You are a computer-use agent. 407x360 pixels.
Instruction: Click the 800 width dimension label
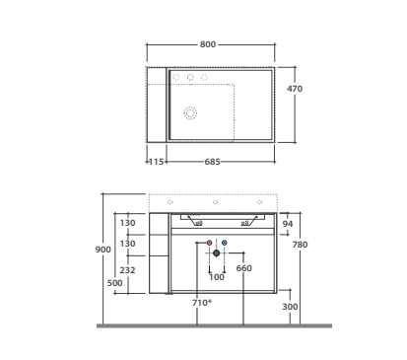pyautogui.click(x=208, y=44)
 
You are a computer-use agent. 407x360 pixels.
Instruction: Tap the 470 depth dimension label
pyautogui.click(x=295, y=89)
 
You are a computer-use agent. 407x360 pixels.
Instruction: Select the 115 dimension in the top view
pyautogui.click(x=157, y=162)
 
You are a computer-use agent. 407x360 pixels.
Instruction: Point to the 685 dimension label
pyautogui.click(x=212, y=162)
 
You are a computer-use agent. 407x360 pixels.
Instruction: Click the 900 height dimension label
pyautogui.click(x=102, y=250)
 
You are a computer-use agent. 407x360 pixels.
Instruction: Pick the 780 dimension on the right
pyautogui.click(x=300, y=245)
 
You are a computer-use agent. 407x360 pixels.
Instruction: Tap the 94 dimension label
pyautogui.click(x=288, y=224)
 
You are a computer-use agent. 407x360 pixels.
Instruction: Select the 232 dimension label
pyautogui.click(x=127, y=270)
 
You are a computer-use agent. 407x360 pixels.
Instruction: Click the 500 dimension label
pyautogui.click(x=114, y=283)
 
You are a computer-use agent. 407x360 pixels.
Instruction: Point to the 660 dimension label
pyautogui.click(x=243, y=268)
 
